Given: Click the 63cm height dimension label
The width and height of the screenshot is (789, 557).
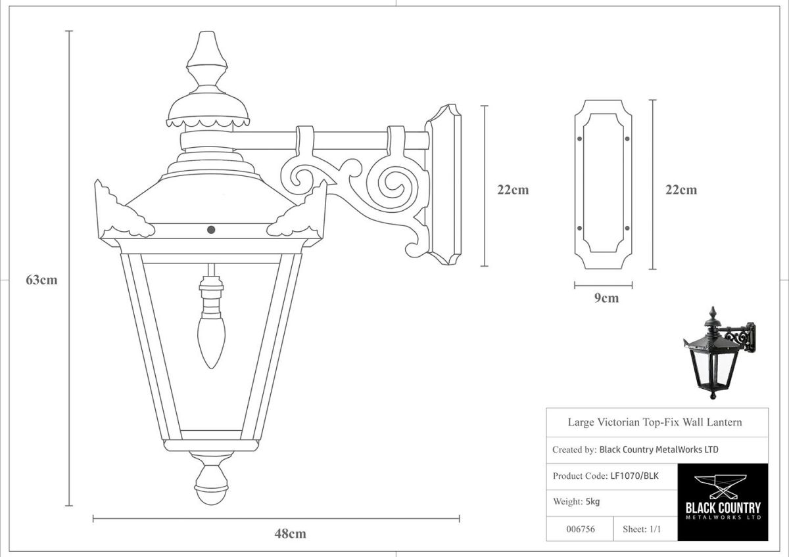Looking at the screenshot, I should [x=41, y=280].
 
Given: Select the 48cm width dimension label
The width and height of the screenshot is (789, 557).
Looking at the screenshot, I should [x=290, y=533].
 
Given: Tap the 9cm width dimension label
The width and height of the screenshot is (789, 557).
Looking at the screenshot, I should [x=606, y=298].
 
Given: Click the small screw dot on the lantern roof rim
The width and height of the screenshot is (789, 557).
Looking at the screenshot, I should [x=211, y=229].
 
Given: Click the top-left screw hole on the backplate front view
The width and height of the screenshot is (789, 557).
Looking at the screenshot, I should [x=579, y=139].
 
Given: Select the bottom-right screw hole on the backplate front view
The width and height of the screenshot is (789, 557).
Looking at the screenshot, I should [x=627, y=228].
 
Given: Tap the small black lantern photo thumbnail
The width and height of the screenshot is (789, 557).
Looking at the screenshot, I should [x=718, y=351].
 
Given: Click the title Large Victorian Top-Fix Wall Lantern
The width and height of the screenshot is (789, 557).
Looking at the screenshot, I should [x=654, y=422].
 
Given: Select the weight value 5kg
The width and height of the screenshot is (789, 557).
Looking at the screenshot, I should [x=592, y=502].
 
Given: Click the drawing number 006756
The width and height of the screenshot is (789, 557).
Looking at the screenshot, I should [x=580, y=529].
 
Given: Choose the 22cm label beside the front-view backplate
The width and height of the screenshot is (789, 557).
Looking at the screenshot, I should [x=681, y=190].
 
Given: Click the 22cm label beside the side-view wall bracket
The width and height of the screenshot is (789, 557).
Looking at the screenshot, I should [x=513, y=190].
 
